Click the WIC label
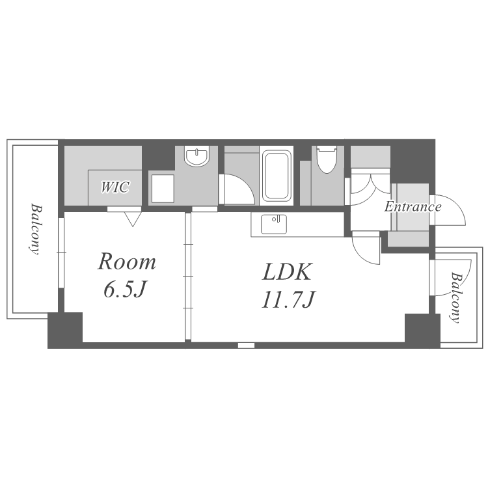115,188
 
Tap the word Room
127,262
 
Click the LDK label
288,272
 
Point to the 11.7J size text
288,301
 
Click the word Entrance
413,208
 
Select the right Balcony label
456,297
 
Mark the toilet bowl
325,160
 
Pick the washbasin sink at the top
196,157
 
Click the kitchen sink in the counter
273,224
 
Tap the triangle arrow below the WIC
133,219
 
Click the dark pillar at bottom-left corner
65,331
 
